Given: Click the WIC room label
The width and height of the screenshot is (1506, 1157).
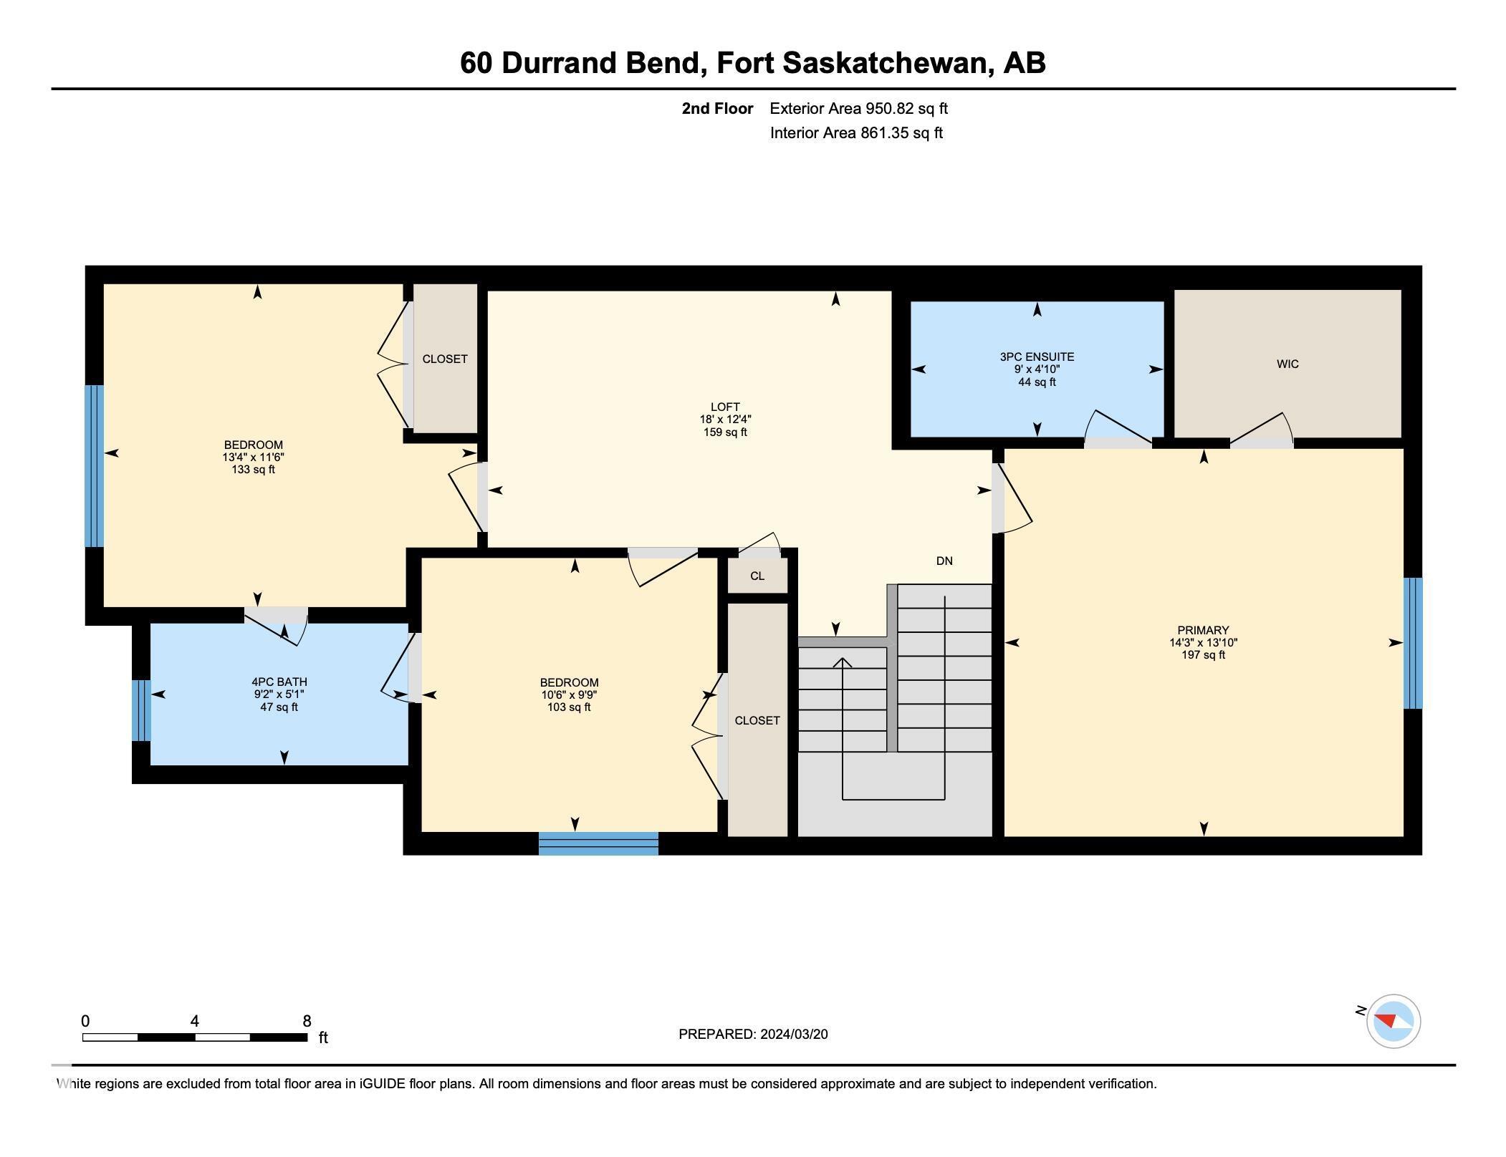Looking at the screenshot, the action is pyautogui.click(x=1287, y=364).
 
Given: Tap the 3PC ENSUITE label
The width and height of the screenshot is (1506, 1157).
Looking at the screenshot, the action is pyautogui.click(x=1037, y=357).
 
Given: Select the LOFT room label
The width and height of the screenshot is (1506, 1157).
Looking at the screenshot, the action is pyautogui.click(x=725, y=407).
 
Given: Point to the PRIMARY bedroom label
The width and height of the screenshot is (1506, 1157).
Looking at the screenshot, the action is pyautogui.click(x=1203, y=630).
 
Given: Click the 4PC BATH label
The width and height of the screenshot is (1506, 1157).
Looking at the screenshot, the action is pyautogui.click(x=279, y=682).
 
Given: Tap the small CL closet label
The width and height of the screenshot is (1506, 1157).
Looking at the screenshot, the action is pyautogui.click(x=757, y=576).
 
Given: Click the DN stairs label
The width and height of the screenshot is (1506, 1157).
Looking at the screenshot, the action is pyautogui.click(x=944, y=561).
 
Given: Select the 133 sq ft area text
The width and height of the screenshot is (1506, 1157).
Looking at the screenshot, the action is pyautogui.click(x=253, y=470).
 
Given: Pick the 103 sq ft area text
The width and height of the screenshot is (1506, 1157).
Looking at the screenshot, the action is pyautogui.click(x=569, y=707).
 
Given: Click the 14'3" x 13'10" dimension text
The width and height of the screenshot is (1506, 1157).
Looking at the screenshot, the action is pyautogui.click(x=1203, y=643).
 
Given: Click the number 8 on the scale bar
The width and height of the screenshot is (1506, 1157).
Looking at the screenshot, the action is pyautogui.click(x=307, y=1022).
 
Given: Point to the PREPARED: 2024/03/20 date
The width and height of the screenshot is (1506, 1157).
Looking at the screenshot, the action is pyautogui.click(x=753, y=1034).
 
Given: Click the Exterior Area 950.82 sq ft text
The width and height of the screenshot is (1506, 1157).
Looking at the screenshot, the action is pyautogui.click(x=858, y=109).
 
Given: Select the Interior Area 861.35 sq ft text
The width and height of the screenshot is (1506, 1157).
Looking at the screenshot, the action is pyautogui.click(x=856, y=133).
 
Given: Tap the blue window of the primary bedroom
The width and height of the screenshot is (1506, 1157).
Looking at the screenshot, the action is pyautogui.click(x=1412, y=643).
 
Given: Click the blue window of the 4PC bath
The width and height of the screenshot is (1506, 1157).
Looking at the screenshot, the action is pyautogui.click(x=141, y=710).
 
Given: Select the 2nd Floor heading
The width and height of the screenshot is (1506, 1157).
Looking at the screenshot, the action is pyautogui.click(x=717, y=109).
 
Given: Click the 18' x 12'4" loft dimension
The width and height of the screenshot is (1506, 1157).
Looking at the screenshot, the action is pyautogui.click(x=725, y=420).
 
